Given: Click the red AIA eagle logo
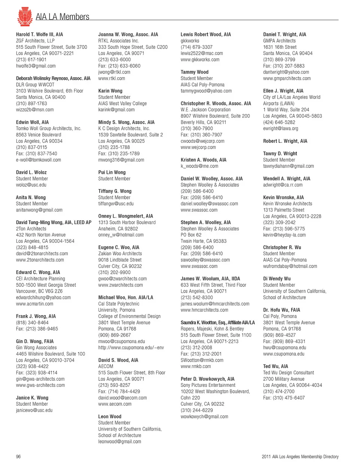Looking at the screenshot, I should pyautogui.click(x=25, y=16).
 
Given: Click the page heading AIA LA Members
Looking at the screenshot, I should pyautogui.click(x=62, y=17).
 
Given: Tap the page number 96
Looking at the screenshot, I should pyautogui.click(x=18, y=457).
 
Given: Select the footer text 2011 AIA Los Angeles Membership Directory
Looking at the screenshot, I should pyautogui.click(x=300, y=457).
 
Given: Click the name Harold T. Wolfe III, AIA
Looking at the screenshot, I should pyautogui.click(x=39, y=34).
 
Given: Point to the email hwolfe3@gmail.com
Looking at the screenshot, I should pyautogui.click(x=36, y=66).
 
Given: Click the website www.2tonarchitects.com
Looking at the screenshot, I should pyautogui.click(x=40, y=260).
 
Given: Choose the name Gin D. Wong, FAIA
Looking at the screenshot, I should pyautogui.click(x=34, y=341).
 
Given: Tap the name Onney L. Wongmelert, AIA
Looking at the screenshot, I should pyautogui.click(x=125, y=216).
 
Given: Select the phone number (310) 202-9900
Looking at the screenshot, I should pyautogui.click(x=114, y=272).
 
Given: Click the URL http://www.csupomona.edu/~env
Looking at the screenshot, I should pyautogui.click(x=131, y=347).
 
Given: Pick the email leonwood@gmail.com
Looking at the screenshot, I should pyautogui.click(x=120, y=442).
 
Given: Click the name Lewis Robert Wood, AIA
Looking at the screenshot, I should pyautogui.click(x=205, y=34).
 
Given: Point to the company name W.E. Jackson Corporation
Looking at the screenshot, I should pyautogui.click(x=205, y=110).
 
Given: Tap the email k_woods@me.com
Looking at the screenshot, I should pyautogui.click(x=199, y=166).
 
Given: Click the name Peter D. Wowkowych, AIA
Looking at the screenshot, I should pyautogui.click(x=207, y=379).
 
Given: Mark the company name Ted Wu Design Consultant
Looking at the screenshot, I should pyautogui.click(x=288, y=373).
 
